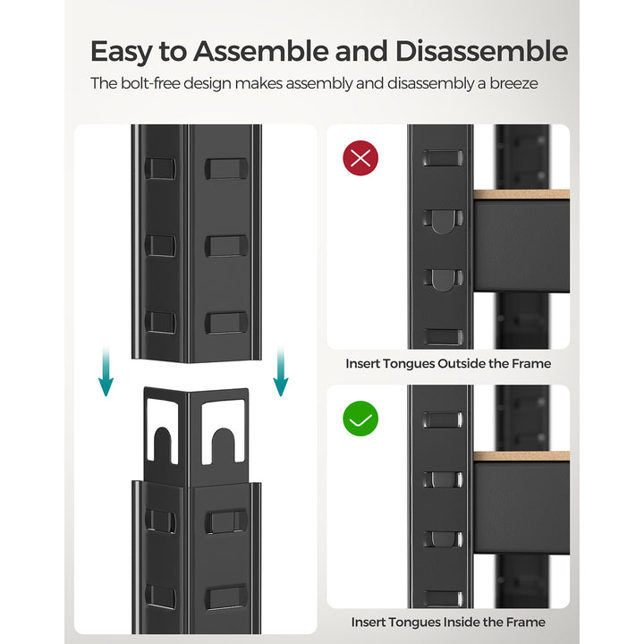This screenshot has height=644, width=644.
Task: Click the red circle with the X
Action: click(360, 159)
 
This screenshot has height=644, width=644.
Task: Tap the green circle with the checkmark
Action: click(360, 419)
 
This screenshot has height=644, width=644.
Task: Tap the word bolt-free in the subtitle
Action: click(150, 84)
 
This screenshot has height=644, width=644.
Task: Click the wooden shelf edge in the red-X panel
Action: click(521, 194)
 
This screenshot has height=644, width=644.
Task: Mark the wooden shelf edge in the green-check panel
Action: click(521, 456)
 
